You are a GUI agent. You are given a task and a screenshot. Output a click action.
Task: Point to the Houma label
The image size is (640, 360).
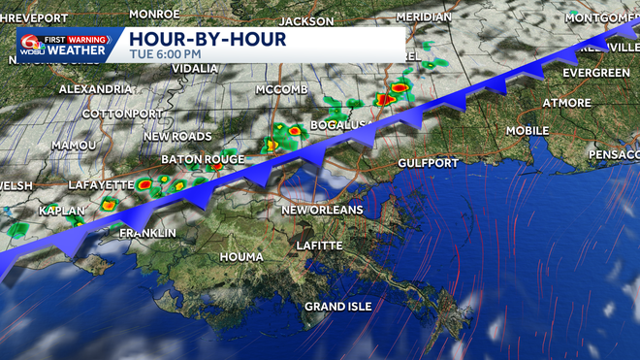242,256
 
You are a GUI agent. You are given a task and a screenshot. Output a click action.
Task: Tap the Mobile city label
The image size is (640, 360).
528,130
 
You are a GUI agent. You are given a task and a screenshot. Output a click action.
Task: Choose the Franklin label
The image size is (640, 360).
147,233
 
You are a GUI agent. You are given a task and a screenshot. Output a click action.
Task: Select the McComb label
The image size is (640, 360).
280,89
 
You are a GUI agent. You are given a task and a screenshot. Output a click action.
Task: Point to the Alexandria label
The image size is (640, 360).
95,88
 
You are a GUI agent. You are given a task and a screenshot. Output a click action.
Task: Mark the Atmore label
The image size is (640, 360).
567,103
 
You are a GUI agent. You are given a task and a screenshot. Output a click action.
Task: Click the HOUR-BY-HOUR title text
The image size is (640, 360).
209,39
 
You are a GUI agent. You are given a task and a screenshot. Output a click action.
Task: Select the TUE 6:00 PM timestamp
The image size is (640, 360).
167,54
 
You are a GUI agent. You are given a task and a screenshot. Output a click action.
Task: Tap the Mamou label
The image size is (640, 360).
74,144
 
